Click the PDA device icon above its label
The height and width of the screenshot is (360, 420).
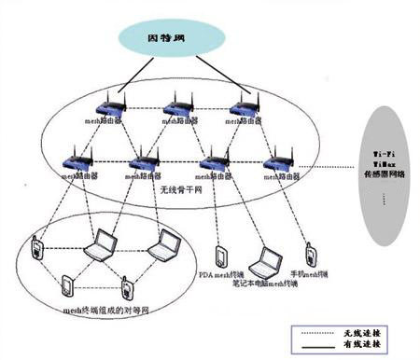(219, 256)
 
